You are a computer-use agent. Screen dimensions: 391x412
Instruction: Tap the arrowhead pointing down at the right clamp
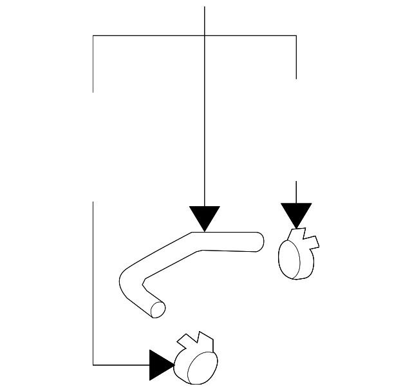coord(296,215)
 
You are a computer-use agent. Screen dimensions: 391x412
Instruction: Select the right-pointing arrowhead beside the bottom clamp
coord(162,365)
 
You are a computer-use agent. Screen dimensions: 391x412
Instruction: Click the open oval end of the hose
coord(157,309)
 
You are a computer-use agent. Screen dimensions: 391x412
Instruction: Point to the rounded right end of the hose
coord(259,241)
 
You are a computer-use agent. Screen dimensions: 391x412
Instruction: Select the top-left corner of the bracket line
coord(93,35)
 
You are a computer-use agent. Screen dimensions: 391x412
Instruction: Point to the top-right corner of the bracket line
coord(296,35)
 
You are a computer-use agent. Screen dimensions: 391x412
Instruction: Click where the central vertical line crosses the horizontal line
coord(205,35)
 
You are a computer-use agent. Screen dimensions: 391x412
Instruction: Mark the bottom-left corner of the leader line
coord(93,365)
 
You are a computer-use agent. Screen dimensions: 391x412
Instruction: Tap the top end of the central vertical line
coord(205,7)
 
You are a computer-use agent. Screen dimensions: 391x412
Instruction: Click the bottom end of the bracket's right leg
coord(296,78)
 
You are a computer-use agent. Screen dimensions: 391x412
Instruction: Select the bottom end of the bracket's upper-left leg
coord(93,91)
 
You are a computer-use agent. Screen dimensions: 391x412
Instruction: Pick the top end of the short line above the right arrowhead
coord(296,181)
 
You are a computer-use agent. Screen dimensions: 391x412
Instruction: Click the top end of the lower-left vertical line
coord(93,202)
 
